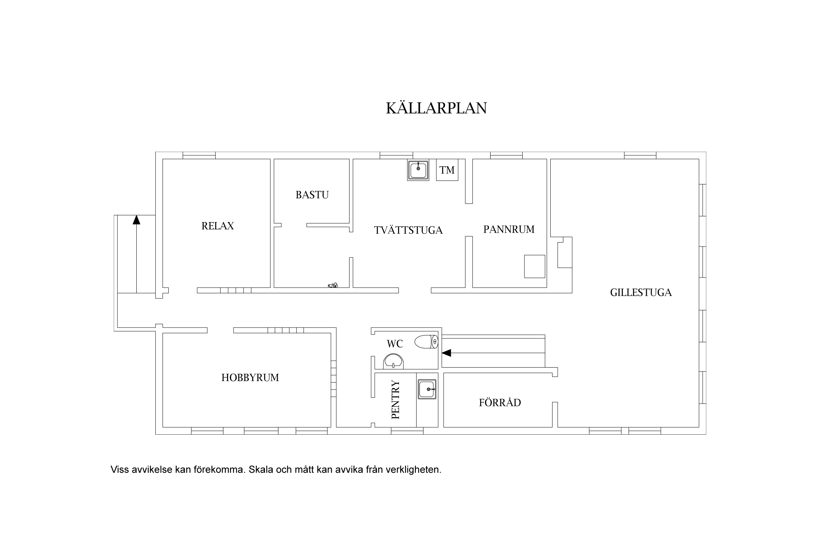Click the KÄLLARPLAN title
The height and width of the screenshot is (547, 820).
coord(436,108)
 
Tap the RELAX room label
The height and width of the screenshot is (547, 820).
coord(218,226)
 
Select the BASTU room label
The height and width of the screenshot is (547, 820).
coord(312,195)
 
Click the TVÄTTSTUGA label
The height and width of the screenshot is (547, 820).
coord(408,230)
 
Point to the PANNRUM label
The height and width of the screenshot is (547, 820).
coord(509,229)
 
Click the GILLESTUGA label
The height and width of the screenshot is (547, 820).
coord(641,292)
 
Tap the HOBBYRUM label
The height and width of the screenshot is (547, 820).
coord(250,377)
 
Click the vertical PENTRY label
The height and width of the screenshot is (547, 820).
coord(395,400)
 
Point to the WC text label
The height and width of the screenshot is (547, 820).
coord(395,344)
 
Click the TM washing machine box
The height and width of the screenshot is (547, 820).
coord(447,170)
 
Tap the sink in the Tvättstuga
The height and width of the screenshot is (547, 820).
coord(418,170)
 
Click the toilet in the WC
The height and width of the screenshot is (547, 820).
coord(426,342)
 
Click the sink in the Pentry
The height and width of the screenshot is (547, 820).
coord(427,389)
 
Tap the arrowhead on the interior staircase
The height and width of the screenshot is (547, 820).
coord(446,353)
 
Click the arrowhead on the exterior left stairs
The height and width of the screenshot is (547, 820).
coord(136,220)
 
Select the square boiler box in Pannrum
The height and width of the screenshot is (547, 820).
coord(535,266)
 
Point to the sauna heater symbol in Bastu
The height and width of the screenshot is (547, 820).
coord(333,285)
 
